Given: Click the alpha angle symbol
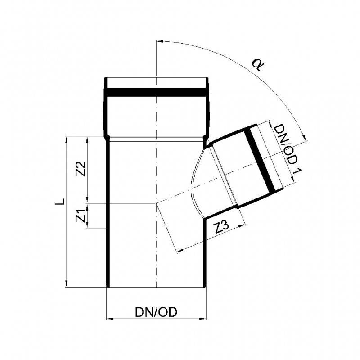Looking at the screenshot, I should click(257, 65).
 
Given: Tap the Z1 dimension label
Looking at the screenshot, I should click(81, 216).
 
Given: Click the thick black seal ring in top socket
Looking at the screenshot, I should click(157, 93).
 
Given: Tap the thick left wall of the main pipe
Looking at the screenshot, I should click(108, 211).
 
